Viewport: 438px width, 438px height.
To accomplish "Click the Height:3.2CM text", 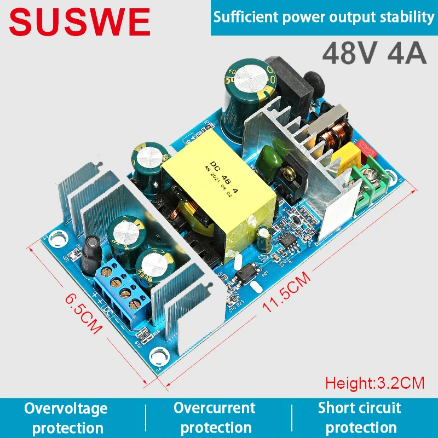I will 374,382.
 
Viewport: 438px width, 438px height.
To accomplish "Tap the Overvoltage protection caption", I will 65,417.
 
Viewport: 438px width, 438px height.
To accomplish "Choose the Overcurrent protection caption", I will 215,417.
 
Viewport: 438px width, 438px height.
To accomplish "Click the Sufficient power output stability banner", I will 324,17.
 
